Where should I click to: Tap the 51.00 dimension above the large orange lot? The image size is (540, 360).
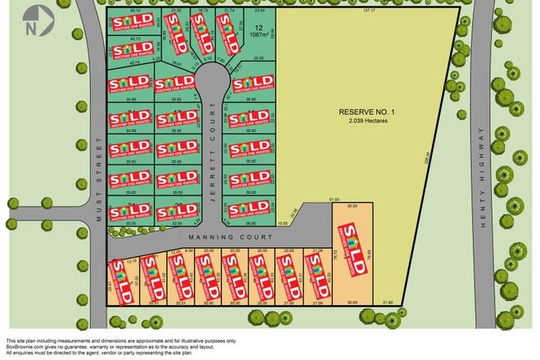333,200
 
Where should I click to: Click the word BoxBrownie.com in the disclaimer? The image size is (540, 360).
25,348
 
